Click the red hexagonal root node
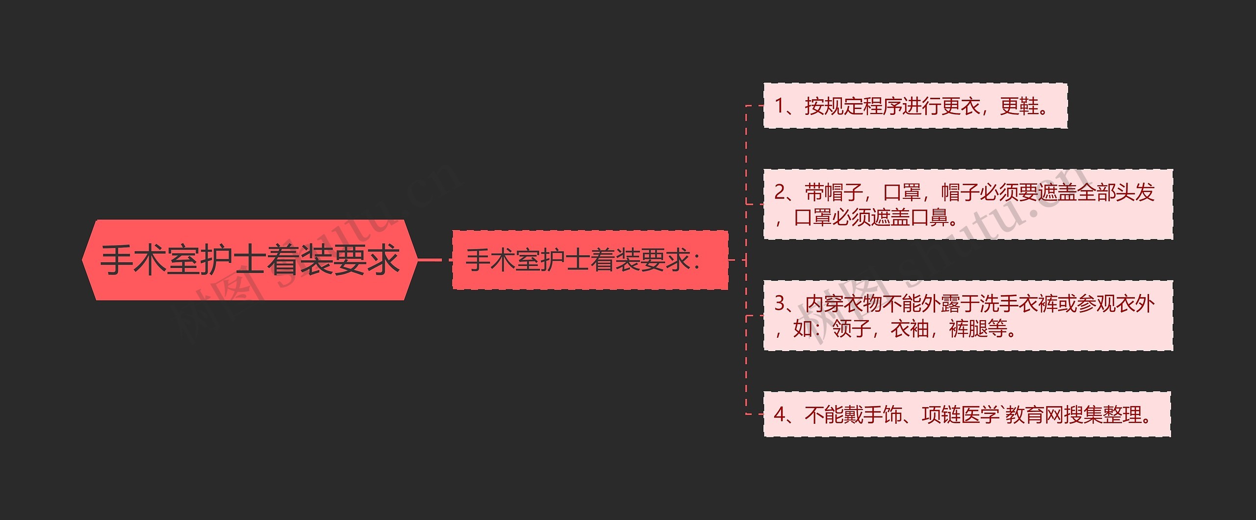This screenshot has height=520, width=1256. click(x=249, y=260)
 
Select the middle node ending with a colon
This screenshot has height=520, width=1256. click(x=589, y=260)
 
